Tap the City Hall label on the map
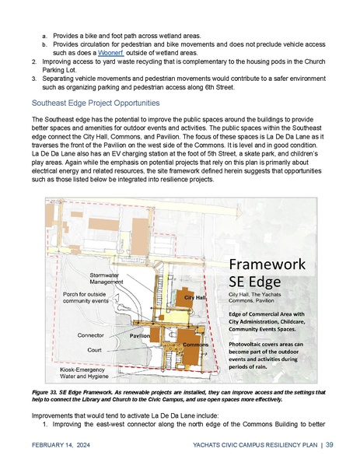click(x=194, y=298)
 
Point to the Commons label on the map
click(x=194, y=344)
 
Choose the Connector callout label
click(x=92, y=335)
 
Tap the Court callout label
click(x=96, y=350)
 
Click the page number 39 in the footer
click(x=330, y=445)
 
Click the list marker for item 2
click(x=34, y=61)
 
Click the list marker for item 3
click(x=34, y=79)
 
